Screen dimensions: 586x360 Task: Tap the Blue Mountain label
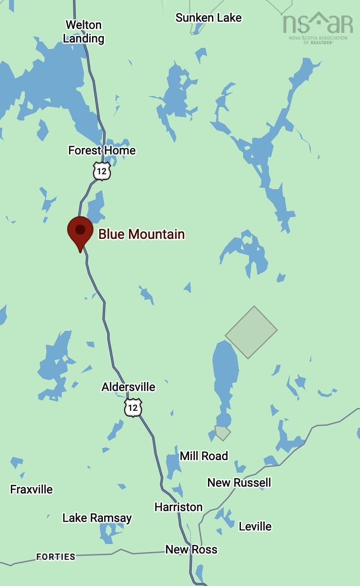tap(142, 234)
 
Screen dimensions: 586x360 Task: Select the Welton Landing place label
tap(83, 32)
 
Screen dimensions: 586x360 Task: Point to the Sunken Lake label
tap(208, 18)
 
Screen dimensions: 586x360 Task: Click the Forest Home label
tap(102, 150)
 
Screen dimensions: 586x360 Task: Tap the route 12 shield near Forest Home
tap(102, 172)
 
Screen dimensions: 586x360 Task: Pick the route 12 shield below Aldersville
tap(133, 408)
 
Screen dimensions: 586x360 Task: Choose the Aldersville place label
tap(128, 387)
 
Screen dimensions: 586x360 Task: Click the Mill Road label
tap(203, 456)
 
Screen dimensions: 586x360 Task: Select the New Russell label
tap(239, 482)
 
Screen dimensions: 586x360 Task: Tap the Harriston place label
tap(178, 507)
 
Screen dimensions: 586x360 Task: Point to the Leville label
tap(255, 526)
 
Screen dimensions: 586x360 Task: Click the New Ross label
tap(191, 549)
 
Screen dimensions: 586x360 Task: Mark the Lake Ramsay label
tap(97, 518)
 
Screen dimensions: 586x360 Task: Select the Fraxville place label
tap(32, 489)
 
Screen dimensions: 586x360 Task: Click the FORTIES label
tap(55, 557)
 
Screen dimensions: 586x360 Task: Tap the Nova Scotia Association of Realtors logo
tap(318, 27)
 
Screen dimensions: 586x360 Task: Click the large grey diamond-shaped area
tap(251, 332)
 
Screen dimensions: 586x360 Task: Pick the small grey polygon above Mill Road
tap(222, 433)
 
